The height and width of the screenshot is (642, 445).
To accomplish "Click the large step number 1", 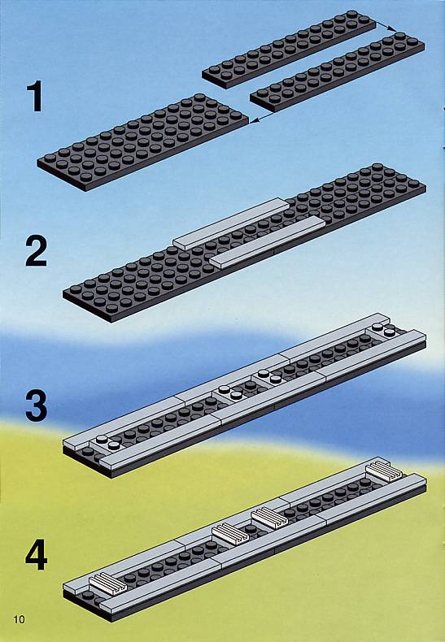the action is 36,96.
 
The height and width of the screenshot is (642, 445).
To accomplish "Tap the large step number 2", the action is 36,251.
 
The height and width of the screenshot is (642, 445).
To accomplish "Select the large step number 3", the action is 36,406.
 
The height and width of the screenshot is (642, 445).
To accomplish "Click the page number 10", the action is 20,619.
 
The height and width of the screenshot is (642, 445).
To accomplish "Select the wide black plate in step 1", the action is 143,142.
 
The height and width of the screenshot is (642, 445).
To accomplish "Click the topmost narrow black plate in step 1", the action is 289,49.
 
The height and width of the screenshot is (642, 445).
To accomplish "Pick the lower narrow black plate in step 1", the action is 338,72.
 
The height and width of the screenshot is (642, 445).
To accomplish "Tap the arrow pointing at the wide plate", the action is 262,118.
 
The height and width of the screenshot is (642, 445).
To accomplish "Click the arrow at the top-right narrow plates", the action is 386,26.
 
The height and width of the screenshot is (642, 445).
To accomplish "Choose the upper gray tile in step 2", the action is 231,223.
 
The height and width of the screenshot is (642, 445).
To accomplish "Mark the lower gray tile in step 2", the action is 267,243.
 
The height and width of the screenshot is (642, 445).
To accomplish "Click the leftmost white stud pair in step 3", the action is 107,442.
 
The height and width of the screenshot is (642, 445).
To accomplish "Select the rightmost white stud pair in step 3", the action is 384,330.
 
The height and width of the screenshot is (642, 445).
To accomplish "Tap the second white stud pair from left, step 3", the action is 230,393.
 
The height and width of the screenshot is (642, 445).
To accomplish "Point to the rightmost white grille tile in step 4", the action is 384,471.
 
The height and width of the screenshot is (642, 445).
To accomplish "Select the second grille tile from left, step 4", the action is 230,534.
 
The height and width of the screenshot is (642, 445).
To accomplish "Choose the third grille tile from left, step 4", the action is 269,518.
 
